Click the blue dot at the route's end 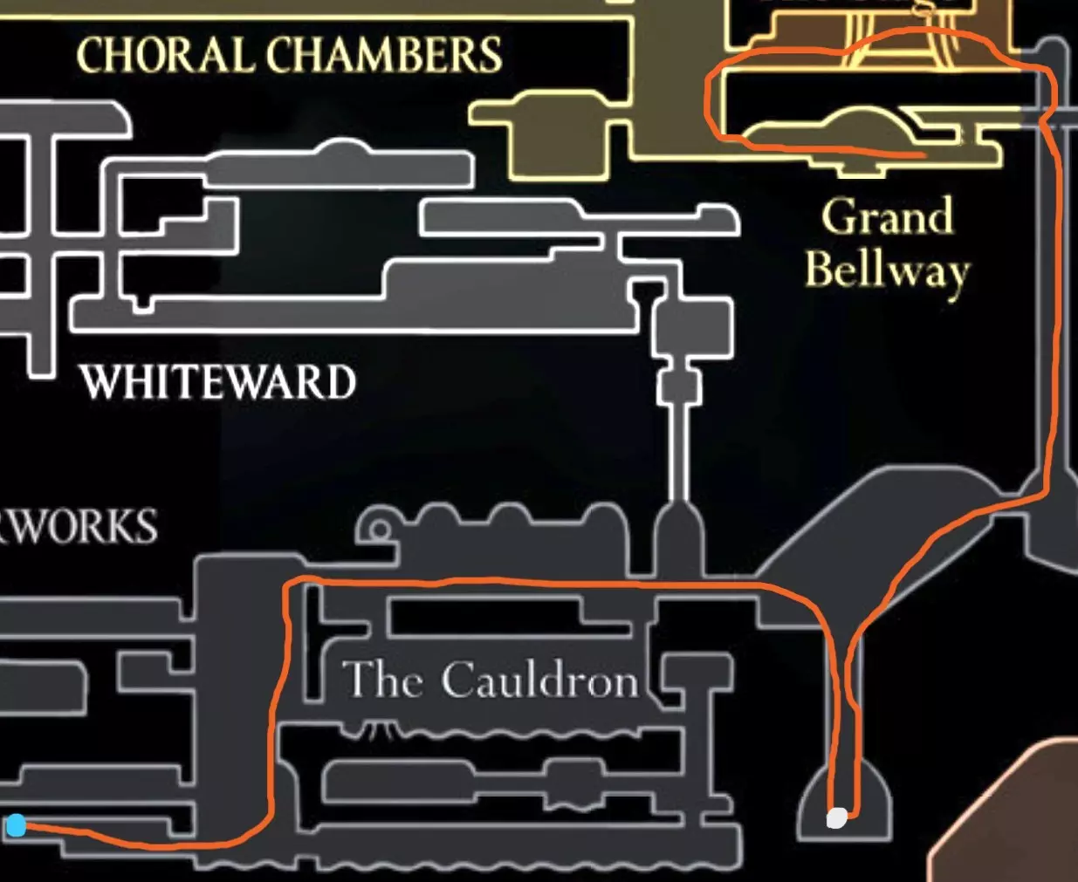click(x=16, y=824)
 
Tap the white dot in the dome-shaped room click(x=836, y=817)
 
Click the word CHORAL click(x=165, y=56)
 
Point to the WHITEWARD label click(x=217, y=382)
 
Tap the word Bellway click(x=886, y=270)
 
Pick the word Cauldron click(x=539, y=680)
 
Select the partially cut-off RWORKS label click(x=79, y=527)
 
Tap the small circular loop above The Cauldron click(x=379, y=530)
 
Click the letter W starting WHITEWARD click(x=102, y=382)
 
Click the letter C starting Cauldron click(x=458, y=680)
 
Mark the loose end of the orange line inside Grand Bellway click(x=923, y=155)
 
